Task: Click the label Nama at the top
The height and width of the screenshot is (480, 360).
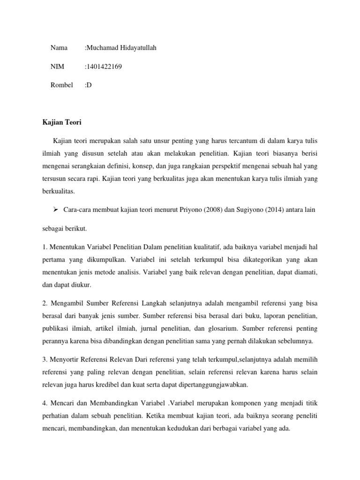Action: [59, 48]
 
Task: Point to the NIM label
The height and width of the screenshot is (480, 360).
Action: [58, 67]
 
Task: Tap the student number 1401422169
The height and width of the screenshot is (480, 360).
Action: [104, 67]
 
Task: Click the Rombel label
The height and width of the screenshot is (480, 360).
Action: [61, 85]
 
